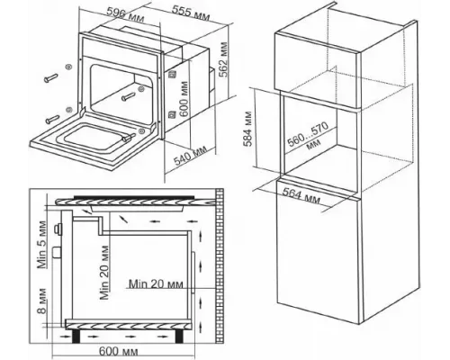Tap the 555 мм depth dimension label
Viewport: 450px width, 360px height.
191,13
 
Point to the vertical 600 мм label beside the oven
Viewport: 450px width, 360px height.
184,98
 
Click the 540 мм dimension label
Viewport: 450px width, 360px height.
191,157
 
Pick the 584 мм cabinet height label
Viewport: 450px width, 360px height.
248,130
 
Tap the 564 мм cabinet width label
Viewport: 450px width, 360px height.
301,195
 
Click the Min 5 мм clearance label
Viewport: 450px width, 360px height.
41,245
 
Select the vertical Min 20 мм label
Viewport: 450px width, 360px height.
103,273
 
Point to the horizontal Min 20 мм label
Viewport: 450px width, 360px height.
156,283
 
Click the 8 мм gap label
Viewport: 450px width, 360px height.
41,301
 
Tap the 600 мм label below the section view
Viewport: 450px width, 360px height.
119,351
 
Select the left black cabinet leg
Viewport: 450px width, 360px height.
76,337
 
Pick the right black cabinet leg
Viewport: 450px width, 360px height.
179,337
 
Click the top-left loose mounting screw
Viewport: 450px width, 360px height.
51,77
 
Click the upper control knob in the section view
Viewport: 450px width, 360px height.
58,229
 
